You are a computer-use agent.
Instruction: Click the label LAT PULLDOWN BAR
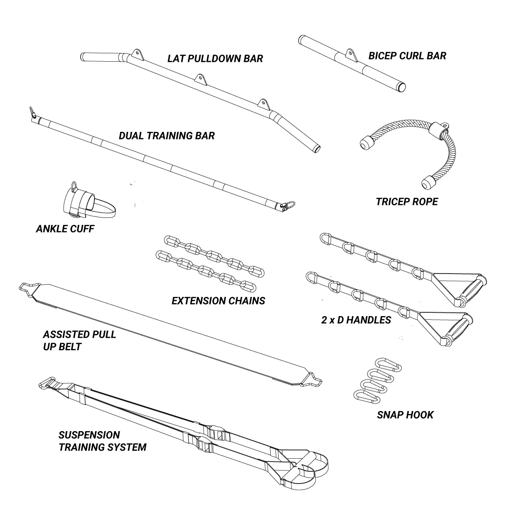pos(215,58)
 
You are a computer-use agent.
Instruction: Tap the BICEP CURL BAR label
pos(407,56)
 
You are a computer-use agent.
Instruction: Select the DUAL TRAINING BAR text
pos(167,136)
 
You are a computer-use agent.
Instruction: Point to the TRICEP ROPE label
pos(407,202)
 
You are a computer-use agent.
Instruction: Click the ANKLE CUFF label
pos(65,229)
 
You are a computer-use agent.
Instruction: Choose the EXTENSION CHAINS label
pos(218,300)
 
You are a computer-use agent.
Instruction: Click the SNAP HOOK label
pos(405,414)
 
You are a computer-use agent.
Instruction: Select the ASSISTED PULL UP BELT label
pos(79,341)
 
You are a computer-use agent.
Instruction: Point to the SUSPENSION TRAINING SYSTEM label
pos(102,441)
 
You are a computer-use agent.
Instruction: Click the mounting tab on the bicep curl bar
pos(350,54)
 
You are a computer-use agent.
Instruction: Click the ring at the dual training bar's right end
pos(289,205)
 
